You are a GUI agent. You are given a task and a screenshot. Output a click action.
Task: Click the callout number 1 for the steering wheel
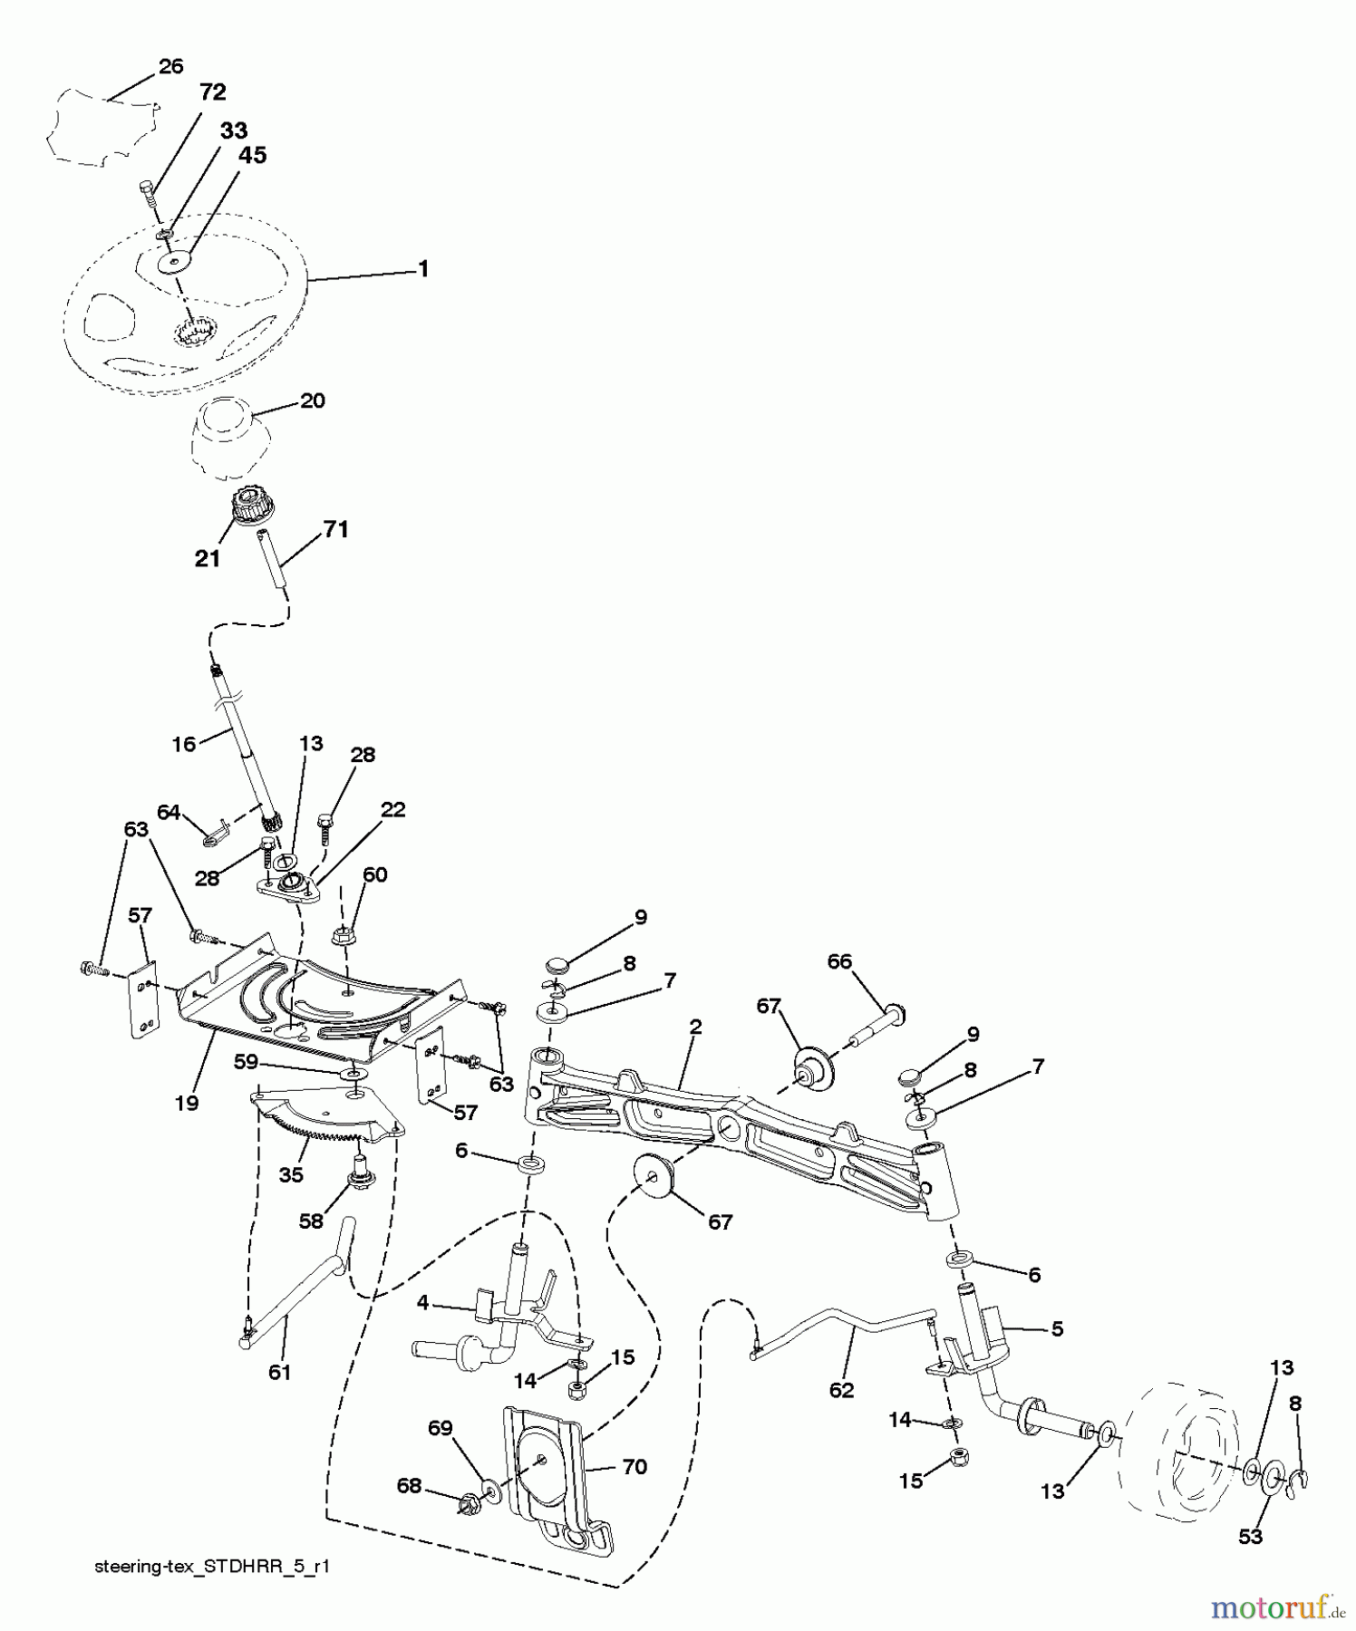click(x=422, y=269)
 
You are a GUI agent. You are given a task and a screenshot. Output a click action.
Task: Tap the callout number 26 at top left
click(x=170, y=66)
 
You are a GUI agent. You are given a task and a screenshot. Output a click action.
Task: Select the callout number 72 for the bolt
click(x=212, y=92)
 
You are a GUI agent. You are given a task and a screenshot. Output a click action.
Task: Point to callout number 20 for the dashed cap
click(x=313, y=401)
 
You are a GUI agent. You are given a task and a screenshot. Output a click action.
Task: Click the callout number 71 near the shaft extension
click(x=335, y=529)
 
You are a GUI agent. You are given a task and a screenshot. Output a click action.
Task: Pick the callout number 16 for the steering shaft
click(x=184, y=744)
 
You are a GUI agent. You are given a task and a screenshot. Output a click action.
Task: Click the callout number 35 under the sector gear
click(x=291, y=1175)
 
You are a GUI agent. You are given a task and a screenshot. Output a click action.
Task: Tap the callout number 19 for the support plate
click(x=188, y=1103)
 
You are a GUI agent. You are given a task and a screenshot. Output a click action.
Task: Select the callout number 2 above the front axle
click(x=695, y=1027)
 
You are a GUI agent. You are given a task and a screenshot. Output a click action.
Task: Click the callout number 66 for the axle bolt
click(x=839, y=961)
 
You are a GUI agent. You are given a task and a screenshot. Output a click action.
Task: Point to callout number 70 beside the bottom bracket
click(x=634, y=1466)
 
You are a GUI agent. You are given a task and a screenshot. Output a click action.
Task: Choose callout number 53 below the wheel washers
click(x=1250, y=1536)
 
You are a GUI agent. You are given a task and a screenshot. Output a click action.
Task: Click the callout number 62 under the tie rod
click(x=841, y=1390)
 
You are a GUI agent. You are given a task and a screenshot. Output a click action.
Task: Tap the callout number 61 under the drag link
click(x=279, y=1372)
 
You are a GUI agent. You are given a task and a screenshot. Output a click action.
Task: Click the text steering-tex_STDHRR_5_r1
click(x=211, y=1567)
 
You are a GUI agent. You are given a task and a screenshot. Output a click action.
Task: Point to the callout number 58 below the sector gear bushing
click(x=310, y=1221)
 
